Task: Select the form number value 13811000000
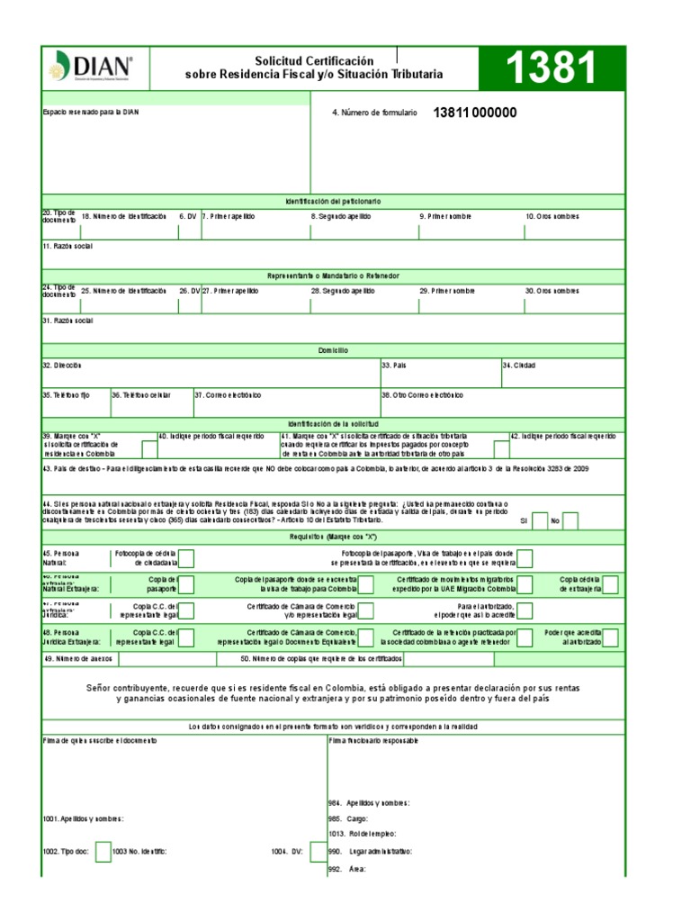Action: click(475, 113)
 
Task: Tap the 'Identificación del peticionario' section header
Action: click(334, 201)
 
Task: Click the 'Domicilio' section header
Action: click(334, 350)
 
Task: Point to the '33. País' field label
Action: click(393, 366)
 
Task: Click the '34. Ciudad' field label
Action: click(519, 366)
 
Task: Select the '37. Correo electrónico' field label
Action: click(229, 394)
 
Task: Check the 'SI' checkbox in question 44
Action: click(540, 520)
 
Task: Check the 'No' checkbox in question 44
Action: click(570, 520)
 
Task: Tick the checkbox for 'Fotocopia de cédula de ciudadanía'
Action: click(187, 558)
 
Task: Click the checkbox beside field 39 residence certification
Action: click(149, 448)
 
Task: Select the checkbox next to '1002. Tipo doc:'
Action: click(103, 851)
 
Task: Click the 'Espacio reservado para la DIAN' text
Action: click(91, 113)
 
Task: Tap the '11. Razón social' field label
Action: click(67, 246)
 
